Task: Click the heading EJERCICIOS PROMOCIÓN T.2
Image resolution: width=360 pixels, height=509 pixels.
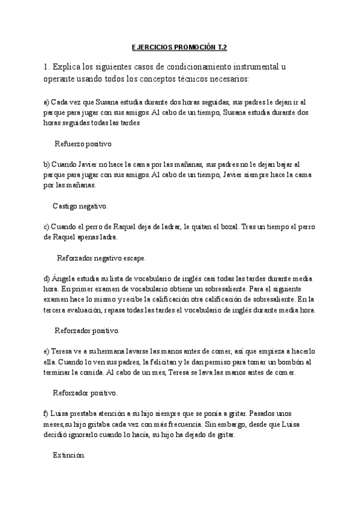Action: coord(179,47)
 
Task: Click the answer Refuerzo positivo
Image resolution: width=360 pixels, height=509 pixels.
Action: coord(83,144)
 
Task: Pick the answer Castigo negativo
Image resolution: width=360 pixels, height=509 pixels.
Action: coord(80,206)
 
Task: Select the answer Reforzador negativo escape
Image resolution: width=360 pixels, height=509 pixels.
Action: coord(101,258)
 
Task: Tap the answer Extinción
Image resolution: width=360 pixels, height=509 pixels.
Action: coord(69,455)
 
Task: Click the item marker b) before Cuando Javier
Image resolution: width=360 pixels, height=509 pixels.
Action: coord(47,164)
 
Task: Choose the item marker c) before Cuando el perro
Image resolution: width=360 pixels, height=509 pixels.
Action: coord(47,226)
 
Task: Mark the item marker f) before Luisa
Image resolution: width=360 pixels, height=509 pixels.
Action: coord(46,414)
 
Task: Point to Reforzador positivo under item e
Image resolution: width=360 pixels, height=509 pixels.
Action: coord(85,393)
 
